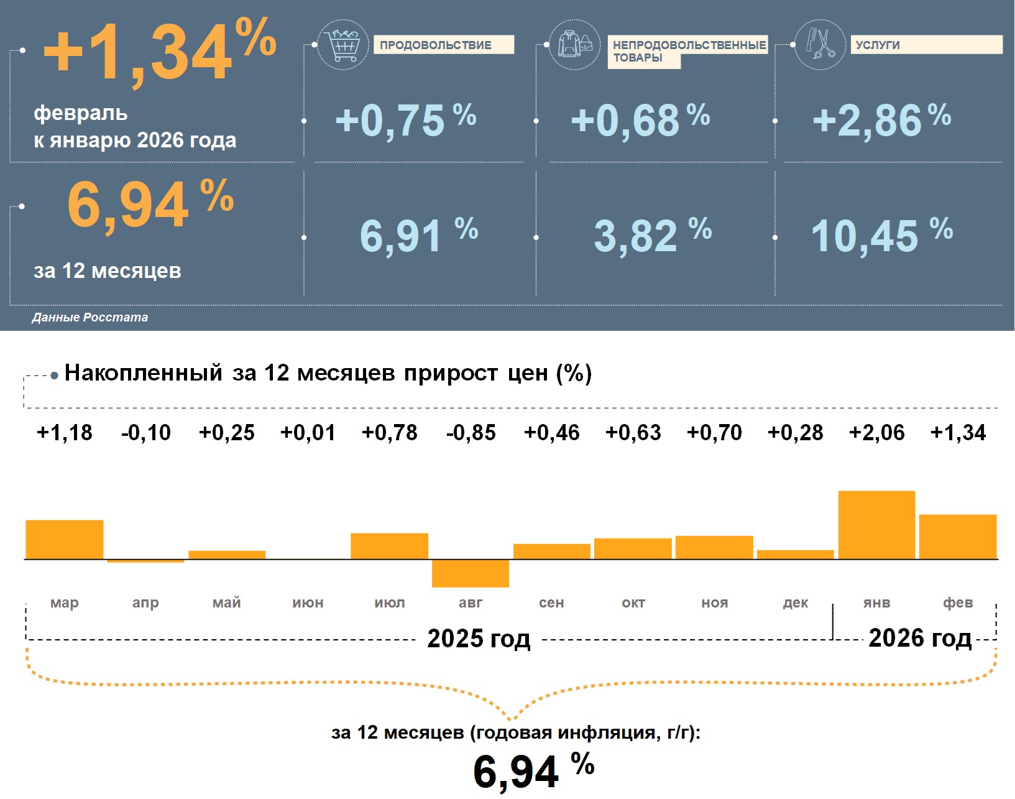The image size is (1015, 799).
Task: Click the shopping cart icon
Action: [342, 45]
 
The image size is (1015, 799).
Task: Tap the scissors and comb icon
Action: [820, 44]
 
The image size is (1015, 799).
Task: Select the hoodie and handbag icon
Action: [575, 45]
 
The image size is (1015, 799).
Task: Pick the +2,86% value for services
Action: [881, 120]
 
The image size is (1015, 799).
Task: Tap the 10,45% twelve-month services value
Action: [881, 236]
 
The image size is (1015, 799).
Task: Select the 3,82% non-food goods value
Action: [652, 236]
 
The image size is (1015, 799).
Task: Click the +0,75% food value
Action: [405, 120]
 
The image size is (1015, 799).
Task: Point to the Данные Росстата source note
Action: [90, 317]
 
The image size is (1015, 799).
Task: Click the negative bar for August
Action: [471, 573]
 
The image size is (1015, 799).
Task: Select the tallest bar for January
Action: [876, 525]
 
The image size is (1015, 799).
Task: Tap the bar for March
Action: [65, 539]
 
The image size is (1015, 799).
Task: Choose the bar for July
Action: [390, 546]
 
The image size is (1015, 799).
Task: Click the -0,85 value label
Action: [471, 433]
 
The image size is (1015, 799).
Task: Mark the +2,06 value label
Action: [876, 433]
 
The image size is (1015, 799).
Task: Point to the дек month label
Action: [796, 603]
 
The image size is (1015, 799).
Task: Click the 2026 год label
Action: [920, 638]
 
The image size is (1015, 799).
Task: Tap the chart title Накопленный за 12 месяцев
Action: [328, 373]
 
